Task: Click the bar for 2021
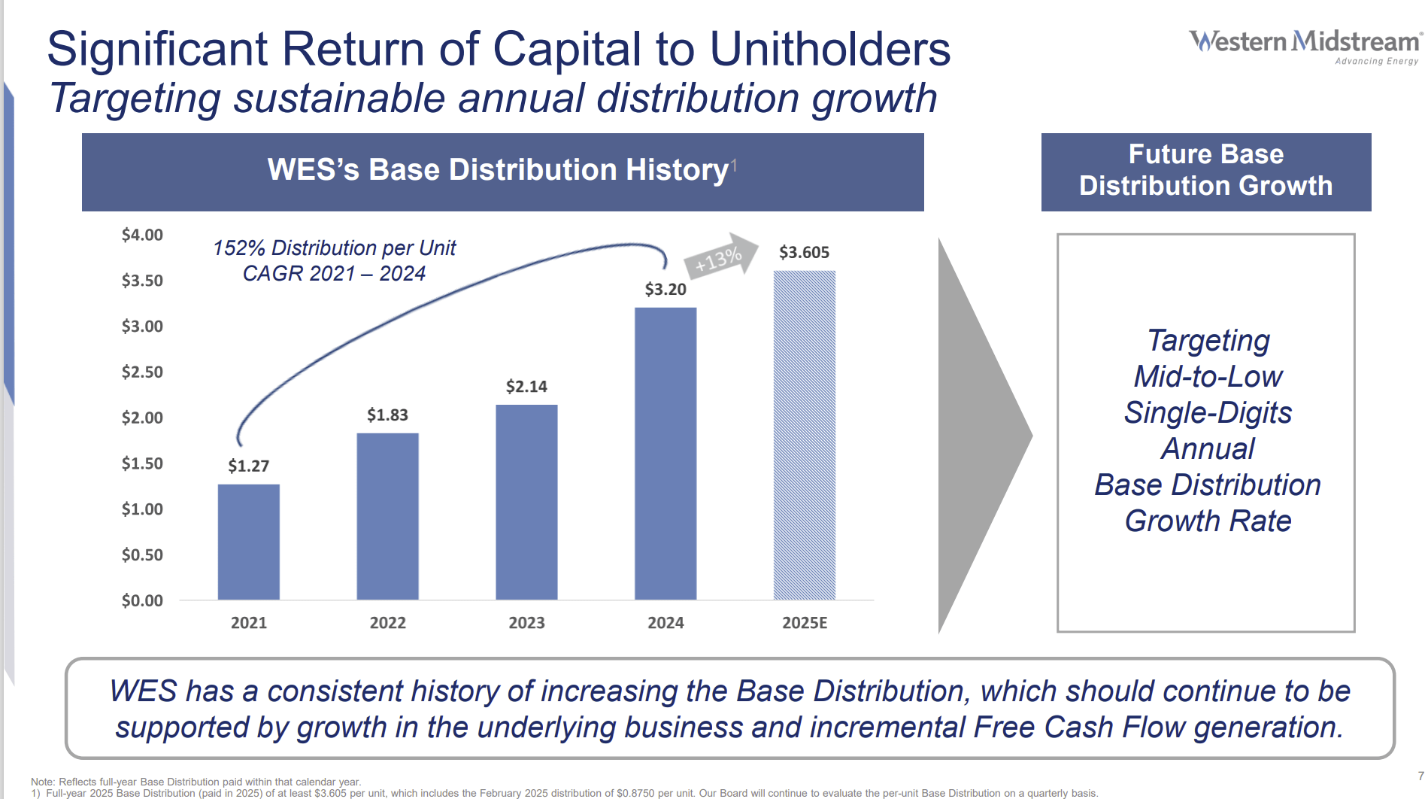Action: [248, 542]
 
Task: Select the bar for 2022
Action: [387, 516]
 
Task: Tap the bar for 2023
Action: [526, 502]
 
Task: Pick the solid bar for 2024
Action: [665, 453]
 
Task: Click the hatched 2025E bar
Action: [805, 435]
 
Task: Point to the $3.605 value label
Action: [804, 252]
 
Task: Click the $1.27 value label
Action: [248, 466]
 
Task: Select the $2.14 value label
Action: [526, 387]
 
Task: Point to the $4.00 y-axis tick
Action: [142, 235]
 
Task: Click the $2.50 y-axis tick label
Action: [142, 372]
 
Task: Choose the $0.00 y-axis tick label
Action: [142, 600]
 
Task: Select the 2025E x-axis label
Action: [805, 623]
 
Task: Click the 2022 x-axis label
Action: [387, 623]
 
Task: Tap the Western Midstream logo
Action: [1305, 45]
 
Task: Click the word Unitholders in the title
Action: [829, 49]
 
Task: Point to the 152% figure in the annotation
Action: [238, 248]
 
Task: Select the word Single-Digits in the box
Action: [1208, 412]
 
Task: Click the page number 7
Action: [1420, 776]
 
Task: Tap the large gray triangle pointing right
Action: [978, 435]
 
